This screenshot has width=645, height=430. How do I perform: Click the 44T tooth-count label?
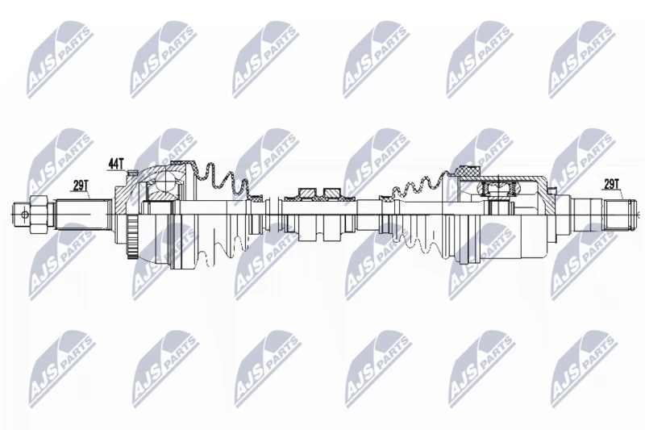[115, 164]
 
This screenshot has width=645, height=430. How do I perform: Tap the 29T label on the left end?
[80, 186]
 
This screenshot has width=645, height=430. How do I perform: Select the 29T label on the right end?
[611, 185]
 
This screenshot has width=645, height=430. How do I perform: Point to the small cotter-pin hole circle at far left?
[24, 214]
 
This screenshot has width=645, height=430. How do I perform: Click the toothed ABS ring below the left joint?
[131, 238]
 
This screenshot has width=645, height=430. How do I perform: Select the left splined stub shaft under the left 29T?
[83, 214]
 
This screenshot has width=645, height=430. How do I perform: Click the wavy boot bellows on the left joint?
[223, 181]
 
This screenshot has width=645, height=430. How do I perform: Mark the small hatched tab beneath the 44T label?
[132, 173]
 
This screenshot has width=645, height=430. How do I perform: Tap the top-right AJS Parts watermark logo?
[581, 61]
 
